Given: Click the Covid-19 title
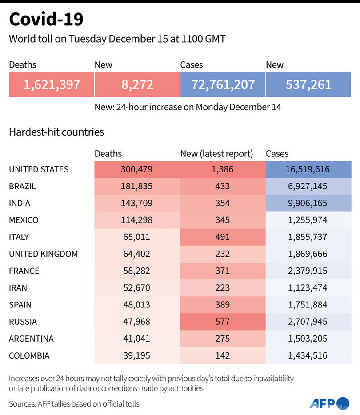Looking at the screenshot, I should tap(46, 20).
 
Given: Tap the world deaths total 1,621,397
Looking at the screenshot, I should tap(52, 84).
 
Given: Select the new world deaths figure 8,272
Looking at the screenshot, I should tap(137, 84).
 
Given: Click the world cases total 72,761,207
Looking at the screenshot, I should tap(223, 84).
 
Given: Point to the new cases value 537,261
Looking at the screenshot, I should tap(308, 84).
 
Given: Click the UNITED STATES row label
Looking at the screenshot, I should tap(39, 169).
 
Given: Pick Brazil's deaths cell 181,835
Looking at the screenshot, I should tap(137, 186).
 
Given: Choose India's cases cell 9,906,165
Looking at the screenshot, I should tap(308, 203).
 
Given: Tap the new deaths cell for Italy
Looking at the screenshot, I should tap(222, 237).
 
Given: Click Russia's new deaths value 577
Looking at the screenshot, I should tap(222, 322).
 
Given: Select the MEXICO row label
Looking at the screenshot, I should tap(24, 220).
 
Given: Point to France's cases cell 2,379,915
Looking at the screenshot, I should tap(308, 271).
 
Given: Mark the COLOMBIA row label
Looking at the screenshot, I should tap(29, 355).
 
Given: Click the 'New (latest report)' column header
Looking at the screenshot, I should tap(216, 154).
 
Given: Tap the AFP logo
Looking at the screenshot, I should tap(329, 403).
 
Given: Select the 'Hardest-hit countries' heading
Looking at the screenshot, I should tap(56, 132).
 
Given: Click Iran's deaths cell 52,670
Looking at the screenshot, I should tap(137, 288).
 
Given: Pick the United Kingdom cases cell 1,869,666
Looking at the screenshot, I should tap(308, 254).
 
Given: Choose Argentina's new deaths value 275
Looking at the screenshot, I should tap(222, 339).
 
